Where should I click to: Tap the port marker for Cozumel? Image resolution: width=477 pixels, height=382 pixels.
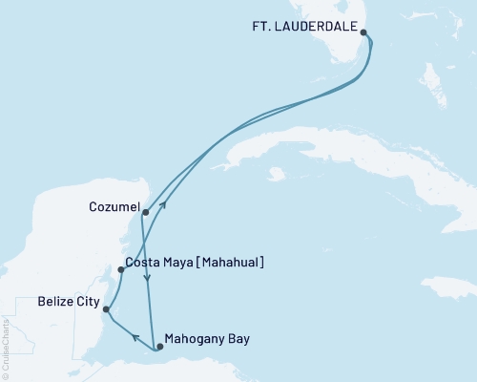point(145,213)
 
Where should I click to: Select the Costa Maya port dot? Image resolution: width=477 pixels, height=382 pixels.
point(120,269)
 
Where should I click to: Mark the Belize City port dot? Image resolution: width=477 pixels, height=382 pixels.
point(106,309)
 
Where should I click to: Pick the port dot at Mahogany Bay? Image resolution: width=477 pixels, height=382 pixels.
point(159,347)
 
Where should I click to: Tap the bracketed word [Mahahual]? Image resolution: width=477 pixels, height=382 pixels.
point(229,262)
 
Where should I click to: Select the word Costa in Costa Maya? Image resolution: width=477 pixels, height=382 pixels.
point(145,262)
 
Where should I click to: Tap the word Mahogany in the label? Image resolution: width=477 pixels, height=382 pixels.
point(194,338)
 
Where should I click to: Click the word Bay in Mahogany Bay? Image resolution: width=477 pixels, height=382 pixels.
point(238,338)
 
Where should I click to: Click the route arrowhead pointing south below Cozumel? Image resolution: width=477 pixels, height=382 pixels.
point(146,279)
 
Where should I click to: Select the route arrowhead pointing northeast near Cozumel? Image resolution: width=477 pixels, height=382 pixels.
point(163,202)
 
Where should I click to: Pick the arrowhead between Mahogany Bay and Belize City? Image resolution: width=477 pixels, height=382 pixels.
point(134,336)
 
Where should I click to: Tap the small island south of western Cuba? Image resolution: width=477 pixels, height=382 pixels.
point(277,175)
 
